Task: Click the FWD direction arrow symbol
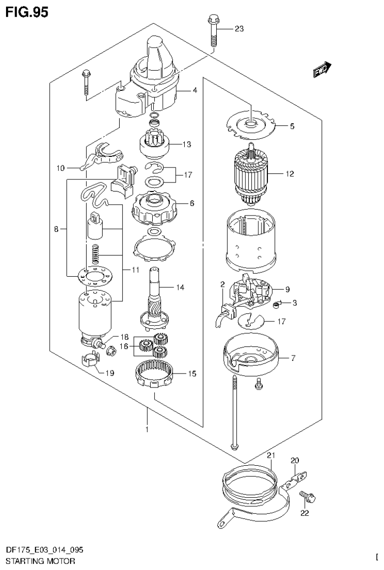pos(323,71)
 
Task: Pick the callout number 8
pos(56,229)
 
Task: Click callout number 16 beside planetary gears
pos(126,345)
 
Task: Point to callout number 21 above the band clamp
pos(271,455)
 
